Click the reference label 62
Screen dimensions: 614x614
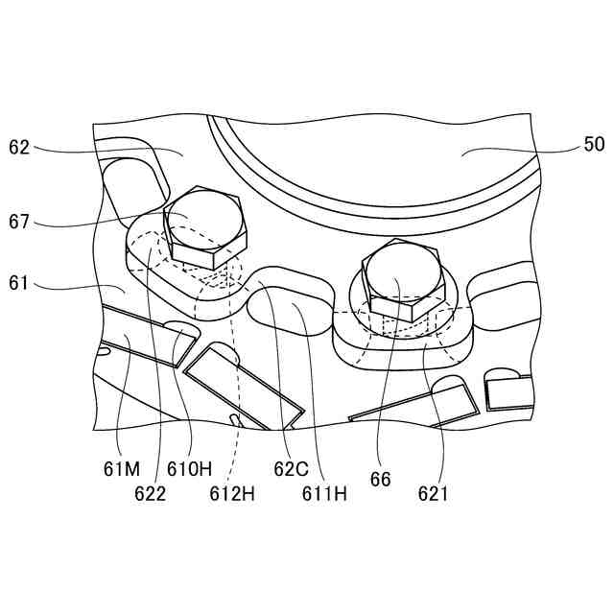[19, 148]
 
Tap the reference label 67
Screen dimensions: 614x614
[19, 222]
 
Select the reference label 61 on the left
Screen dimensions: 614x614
[18, 283]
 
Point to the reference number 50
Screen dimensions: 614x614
[595, 144]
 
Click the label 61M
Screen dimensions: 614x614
[122, 469]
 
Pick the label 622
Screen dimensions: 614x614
[151, 494]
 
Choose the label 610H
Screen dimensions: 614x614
[190, 469]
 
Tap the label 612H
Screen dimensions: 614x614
[232, 494]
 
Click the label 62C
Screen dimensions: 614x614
[292, 469]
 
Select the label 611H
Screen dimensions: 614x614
[324, 494]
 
